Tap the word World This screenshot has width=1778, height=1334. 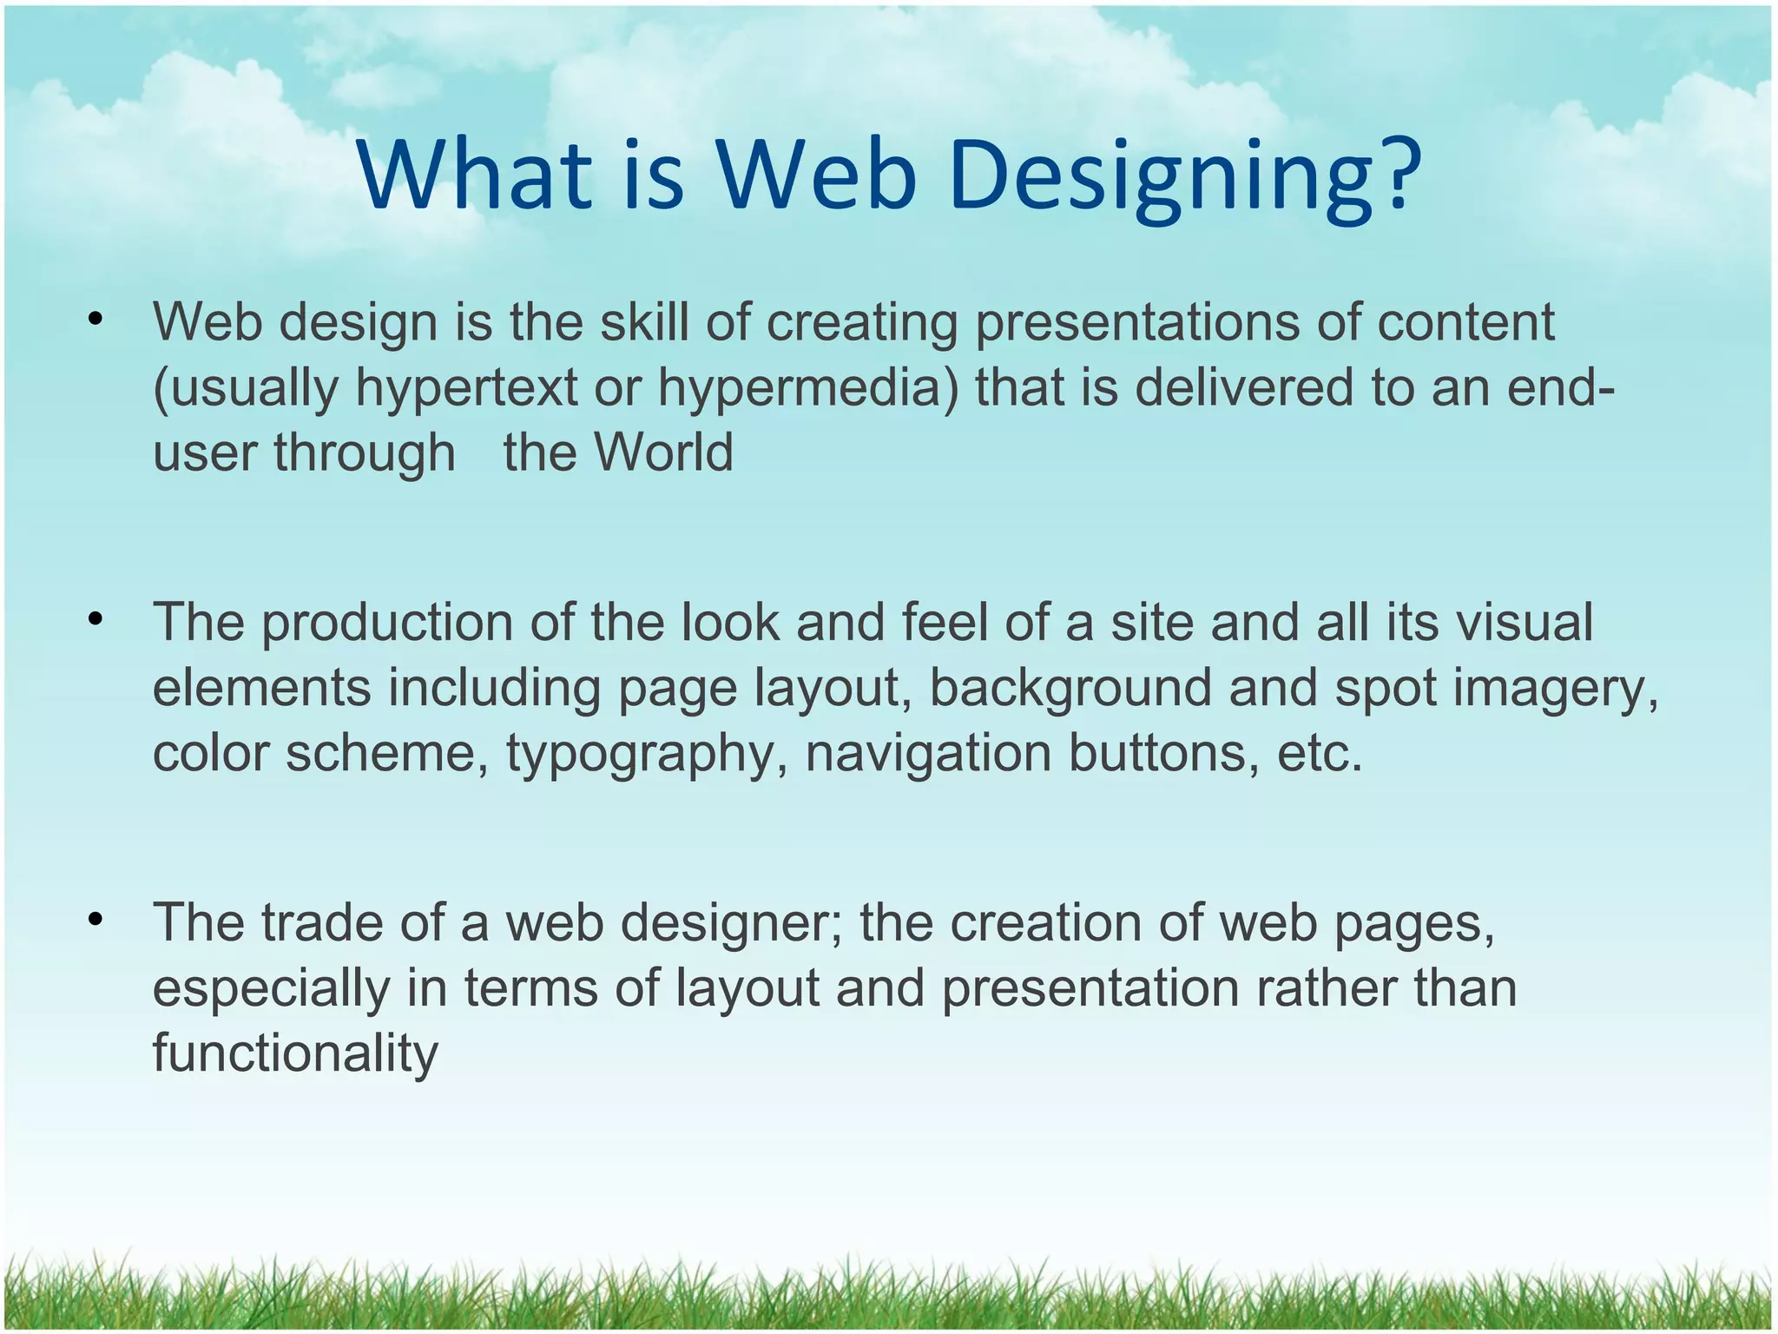tap(663, 452)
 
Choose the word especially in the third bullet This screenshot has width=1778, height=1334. tap(272, 989)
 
